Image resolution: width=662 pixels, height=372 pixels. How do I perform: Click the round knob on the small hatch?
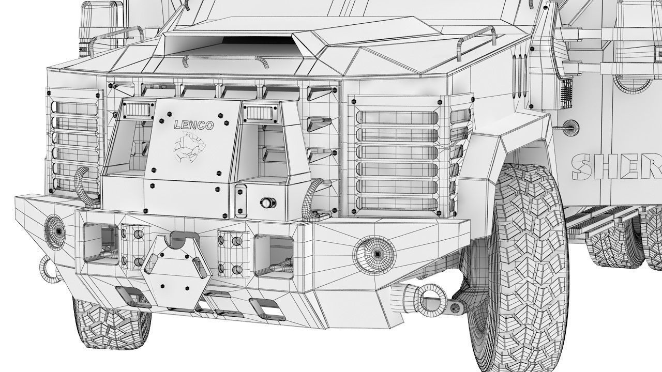(x=267, y=203)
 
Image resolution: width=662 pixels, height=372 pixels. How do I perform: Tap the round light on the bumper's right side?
(x=374, y=254)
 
